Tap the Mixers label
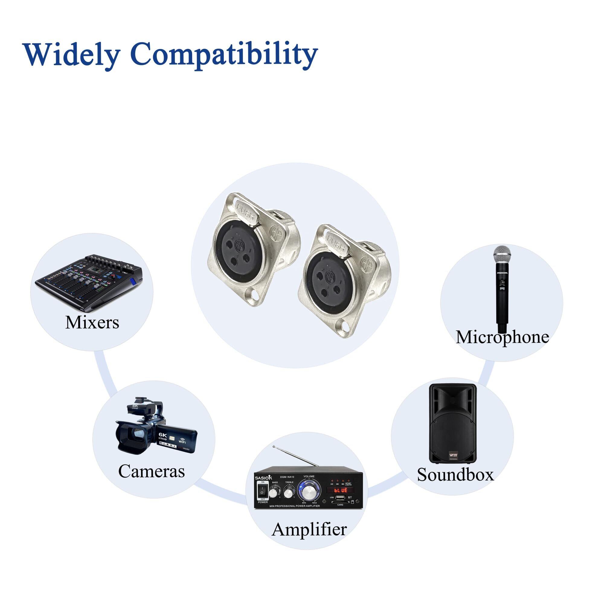[x=92, y=322]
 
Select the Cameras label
[x=151, y=471]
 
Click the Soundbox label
[x=455, y=474]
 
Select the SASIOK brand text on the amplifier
[x=264, y=478]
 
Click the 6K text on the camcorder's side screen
[x=163, y=435]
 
